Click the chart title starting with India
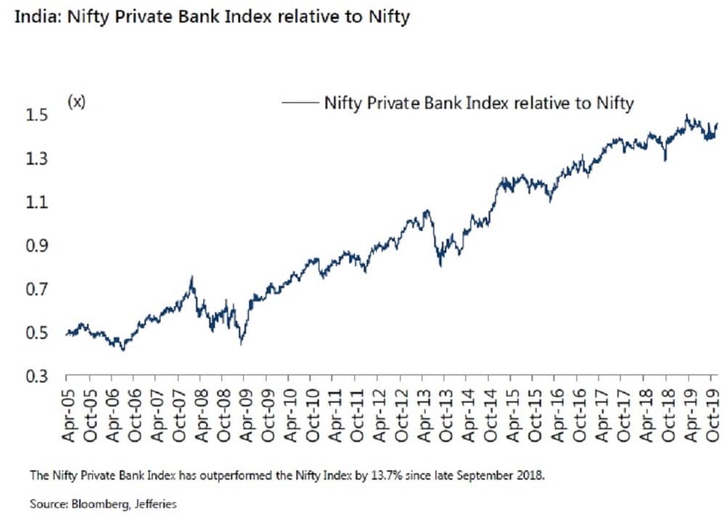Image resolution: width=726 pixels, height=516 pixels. [x=210, y=16]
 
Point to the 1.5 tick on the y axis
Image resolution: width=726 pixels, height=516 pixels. [x=39, y=115]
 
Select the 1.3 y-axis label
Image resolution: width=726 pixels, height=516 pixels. [x=39, y=159]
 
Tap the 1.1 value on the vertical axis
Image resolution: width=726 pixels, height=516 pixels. [x=39, y=202]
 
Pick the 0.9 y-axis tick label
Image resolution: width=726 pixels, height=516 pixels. [x=39, y=246]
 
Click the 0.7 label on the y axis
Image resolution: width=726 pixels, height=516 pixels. [x=39, y=290]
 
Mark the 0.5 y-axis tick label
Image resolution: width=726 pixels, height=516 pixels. [x=39, y=333]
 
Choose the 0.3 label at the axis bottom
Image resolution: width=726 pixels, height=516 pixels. [x=39, y=377]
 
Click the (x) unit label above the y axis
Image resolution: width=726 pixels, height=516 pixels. [x=76, y=102]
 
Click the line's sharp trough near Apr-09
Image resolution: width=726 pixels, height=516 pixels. [x=240, y=343]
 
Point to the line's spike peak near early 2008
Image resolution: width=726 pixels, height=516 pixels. [x=192, y=277]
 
